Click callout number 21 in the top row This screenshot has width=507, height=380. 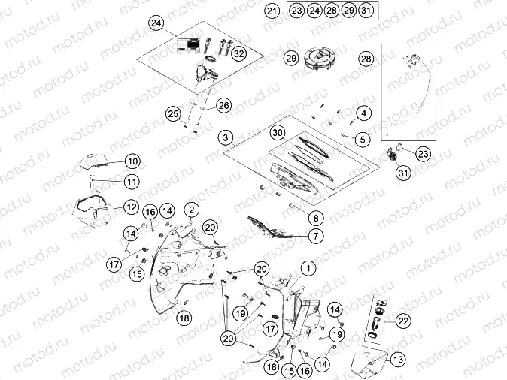click(x=272, y=11)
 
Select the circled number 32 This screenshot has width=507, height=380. click(x=239, y=54)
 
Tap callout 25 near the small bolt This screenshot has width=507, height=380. click(x=174, y=114)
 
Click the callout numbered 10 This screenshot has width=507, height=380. click(x=132, y=161)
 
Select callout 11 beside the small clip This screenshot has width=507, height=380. click(x=132, y=182)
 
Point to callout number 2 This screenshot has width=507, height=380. click(x=192, y=209)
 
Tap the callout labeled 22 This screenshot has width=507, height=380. click(x=404, y=321)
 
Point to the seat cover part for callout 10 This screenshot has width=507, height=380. click(x=94, y=159)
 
